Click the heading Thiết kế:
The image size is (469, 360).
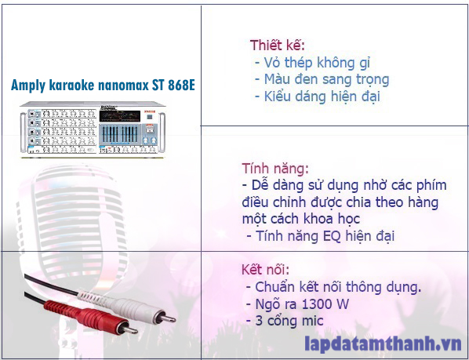(x=278, y=45)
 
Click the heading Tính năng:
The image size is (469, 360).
(x=275, y=169)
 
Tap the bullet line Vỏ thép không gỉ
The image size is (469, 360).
(x=312, y=63)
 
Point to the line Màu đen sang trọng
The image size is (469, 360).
(x=322, y=79)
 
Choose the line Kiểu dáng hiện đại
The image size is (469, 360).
(x=317, y=96)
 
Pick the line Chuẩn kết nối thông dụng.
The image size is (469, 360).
(x=333, y=287)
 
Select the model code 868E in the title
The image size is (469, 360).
(x=178, y=85)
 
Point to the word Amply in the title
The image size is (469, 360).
(x=28, y=85)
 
